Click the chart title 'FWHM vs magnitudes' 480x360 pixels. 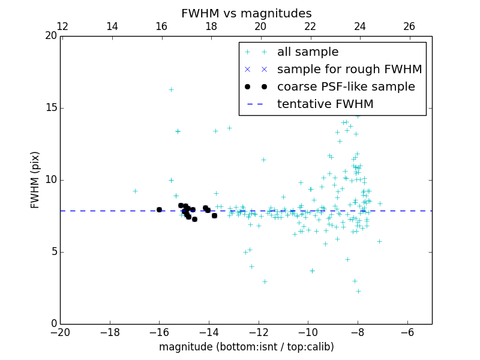246,13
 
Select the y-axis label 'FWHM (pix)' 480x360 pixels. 35,179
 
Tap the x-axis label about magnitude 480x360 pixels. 246,347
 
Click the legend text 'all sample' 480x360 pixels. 308,52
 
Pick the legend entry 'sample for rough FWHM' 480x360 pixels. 349,70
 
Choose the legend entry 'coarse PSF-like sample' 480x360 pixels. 346,87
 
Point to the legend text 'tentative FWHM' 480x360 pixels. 325,104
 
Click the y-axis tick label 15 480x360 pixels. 51,108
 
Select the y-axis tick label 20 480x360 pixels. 51,36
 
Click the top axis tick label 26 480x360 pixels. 409,26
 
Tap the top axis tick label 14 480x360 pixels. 112,26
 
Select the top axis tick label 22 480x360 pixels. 310,26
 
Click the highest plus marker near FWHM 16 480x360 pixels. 171,89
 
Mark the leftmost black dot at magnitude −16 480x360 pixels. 159,209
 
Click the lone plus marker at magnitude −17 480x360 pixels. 135,191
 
